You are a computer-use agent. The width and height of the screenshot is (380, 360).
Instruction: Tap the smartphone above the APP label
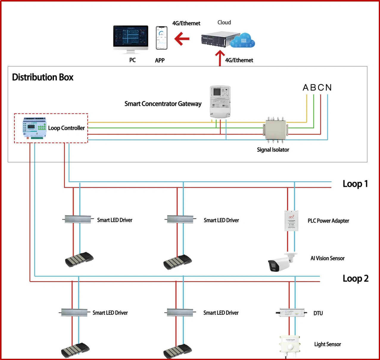(161, 38)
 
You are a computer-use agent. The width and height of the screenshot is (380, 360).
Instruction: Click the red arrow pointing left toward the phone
(182, 39)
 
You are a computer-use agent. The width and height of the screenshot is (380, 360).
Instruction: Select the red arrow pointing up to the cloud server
(220, 58)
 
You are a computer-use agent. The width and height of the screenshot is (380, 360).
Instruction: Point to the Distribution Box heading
(43, 77)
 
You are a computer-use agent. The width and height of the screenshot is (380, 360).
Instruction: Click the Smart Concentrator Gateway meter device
(220, 102)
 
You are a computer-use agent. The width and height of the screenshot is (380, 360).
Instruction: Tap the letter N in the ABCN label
(328, 88)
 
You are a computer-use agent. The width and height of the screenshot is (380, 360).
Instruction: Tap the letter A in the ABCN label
(306, 88)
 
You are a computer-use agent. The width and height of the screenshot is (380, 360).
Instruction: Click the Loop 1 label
(355, 184)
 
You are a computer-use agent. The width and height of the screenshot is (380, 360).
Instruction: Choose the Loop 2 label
(356, 279)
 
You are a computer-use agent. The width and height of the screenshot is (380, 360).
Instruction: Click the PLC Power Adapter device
(291, 221)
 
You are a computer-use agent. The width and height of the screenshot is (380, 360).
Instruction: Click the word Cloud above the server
(224, 23)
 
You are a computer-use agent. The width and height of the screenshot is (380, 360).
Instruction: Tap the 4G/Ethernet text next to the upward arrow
(239, 60)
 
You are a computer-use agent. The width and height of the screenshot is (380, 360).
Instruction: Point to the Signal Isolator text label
(273, 150)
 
